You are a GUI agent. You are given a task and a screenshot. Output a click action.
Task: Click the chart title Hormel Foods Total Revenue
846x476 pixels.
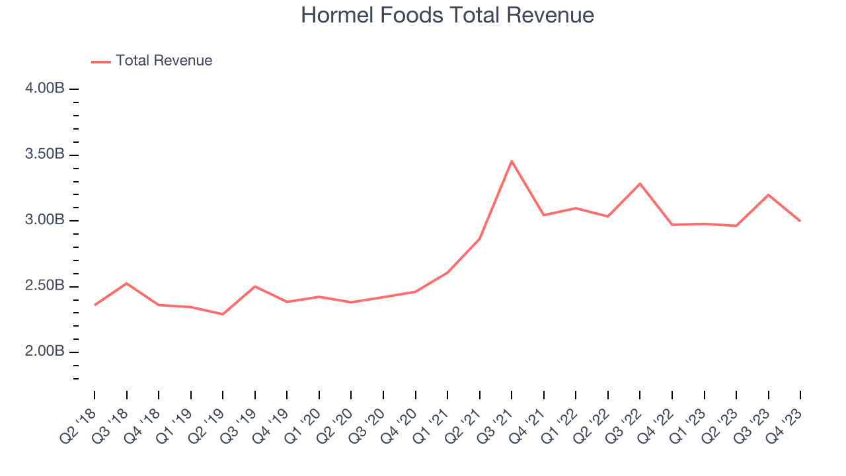pyautogui.click(x=447, y=15)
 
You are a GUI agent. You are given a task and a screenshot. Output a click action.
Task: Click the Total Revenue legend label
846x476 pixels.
pyautogui.click(x=164, y=61)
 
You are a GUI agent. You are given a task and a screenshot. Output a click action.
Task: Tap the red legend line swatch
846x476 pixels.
pyautogui.click(x=101, y=61)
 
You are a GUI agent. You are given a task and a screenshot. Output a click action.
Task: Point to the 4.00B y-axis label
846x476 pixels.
pyautogui.click(x=46, y=89)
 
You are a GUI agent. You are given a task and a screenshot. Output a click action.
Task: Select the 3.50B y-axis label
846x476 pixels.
pyautogui.click(x=46, y=155)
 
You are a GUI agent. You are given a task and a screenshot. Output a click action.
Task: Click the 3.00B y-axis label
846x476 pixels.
pyautogui.click(x=46, y=220)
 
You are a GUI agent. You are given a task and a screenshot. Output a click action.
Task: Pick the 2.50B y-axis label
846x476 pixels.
pyautogui.click(x=46, y=286)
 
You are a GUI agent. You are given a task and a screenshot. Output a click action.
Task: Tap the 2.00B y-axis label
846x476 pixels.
pyautogui.click(x=46, y=352)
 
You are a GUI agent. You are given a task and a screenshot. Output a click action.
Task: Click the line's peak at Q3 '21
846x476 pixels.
pyautogui.click(x=512, y=161)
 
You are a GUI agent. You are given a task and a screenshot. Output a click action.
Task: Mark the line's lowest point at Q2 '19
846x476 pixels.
pyautogui.click(x=223, y=314)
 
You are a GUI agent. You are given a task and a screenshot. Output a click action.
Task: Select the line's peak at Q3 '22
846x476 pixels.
pyautogui.click(x=640, y=183)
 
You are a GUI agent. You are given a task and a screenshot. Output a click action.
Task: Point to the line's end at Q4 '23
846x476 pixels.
pyautogui.click(x=800, y=221)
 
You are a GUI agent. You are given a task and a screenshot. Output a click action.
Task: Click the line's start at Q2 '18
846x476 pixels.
pyautogui.click(x=95, y=305)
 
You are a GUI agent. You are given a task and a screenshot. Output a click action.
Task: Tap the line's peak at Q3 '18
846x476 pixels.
pyautogui.click(x=126, y=283)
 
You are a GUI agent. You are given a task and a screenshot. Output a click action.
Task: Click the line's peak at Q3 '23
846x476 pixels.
pyautogui.click(x=768, y=194)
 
